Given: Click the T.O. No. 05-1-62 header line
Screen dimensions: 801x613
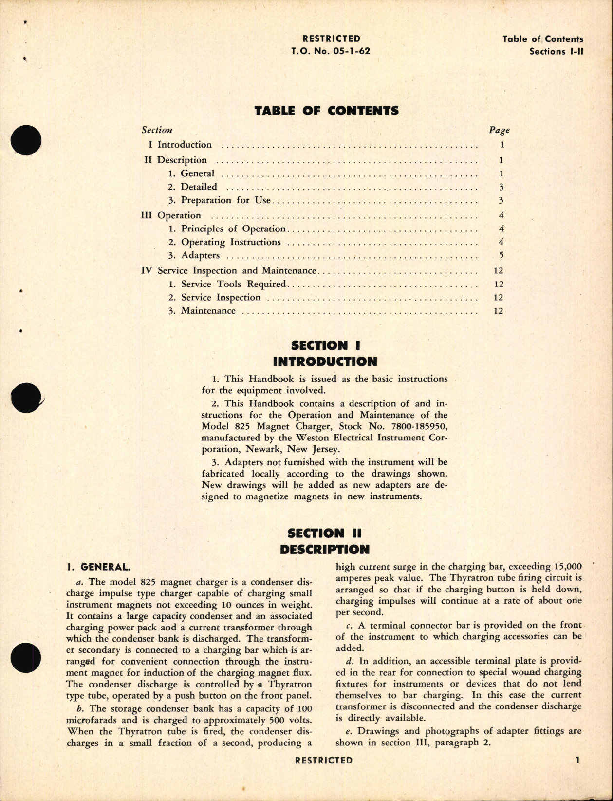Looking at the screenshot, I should click(x=330, y=51).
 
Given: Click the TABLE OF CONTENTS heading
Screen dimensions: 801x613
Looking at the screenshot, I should click(x=326, y=111).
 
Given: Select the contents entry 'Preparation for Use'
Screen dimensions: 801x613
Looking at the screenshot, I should click(x=225, y=200).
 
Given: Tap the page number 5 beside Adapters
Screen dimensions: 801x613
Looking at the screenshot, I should click(x=501, y=255).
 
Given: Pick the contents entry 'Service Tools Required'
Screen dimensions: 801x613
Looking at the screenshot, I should click(x=233, y=284).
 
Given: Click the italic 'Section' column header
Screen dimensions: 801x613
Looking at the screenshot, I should click(x=157, y=130).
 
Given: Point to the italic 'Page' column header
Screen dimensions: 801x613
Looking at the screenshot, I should click(x=499, y=130).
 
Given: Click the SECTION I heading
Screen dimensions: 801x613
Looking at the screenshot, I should click(x=325, y=345).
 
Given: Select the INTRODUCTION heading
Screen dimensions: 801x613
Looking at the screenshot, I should click(x=325, y=362).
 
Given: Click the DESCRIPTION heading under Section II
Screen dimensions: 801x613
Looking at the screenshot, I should click(x=324, y=550).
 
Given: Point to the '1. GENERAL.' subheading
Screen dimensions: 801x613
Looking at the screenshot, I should click(x=98, y=567).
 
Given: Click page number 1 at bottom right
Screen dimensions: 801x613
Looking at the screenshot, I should click(x=577, y=760).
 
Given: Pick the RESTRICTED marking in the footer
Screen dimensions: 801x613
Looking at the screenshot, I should click(x=323, y=760).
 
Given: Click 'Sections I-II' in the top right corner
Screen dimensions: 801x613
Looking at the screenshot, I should click(x=556, y=52).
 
